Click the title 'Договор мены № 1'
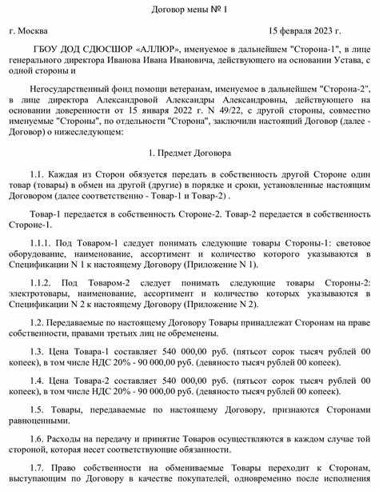(x=189, y=10)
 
